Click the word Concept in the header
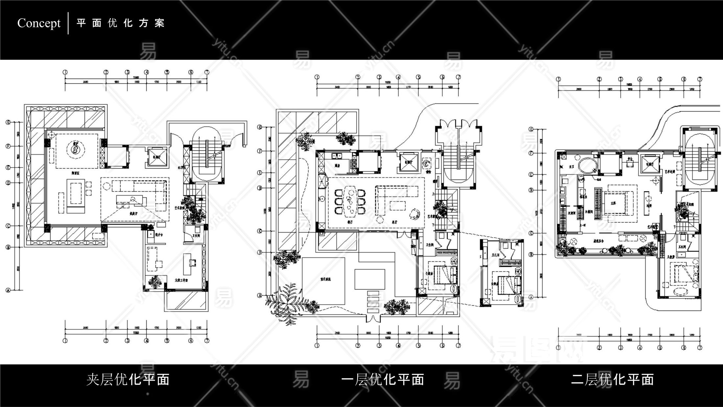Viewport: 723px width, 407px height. tap(39, 23)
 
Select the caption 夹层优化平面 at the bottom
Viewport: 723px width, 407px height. tap(128, 379)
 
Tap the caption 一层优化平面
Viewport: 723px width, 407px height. tap(383, 379)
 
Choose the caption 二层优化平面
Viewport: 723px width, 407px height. tap(612, 379)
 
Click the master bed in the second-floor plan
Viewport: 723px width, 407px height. tap(617, 203)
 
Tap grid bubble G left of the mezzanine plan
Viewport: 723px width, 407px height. tap(8, 123)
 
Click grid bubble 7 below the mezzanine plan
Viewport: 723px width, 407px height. tap(207, 341)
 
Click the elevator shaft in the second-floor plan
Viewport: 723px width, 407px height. tap(650, 165)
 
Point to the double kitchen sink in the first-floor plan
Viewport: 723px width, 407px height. tap(337, 155)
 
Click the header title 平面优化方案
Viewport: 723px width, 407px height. tap(121, 23)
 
